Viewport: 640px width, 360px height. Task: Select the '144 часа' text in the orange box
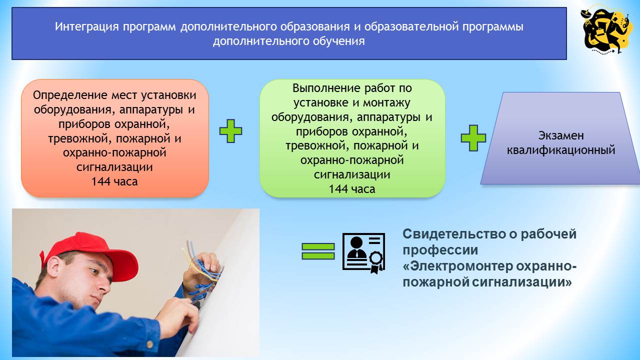click(x=114, y=181)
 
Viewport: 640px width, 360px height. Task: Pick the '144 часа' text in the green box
click(x=352, y=189)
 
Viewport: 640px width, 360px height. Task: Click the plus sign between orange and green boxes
click(x=231, y=131)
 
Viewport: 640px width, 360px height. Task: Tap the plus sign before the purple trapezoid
click(x=473, y=138)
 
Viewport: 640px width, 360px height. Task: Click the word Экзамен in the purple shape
click(x=561, y=135)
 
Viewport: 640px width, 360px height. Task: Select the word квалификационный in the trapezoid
click(x=561, y=149)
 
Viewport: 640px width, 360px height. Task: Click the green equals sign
click(x=318, y=251)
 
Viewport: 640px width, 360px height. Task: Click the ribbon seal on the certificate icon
click(x=375, y=260)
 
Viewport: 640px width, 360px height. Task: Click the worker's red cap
click(x=82, y=247)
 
